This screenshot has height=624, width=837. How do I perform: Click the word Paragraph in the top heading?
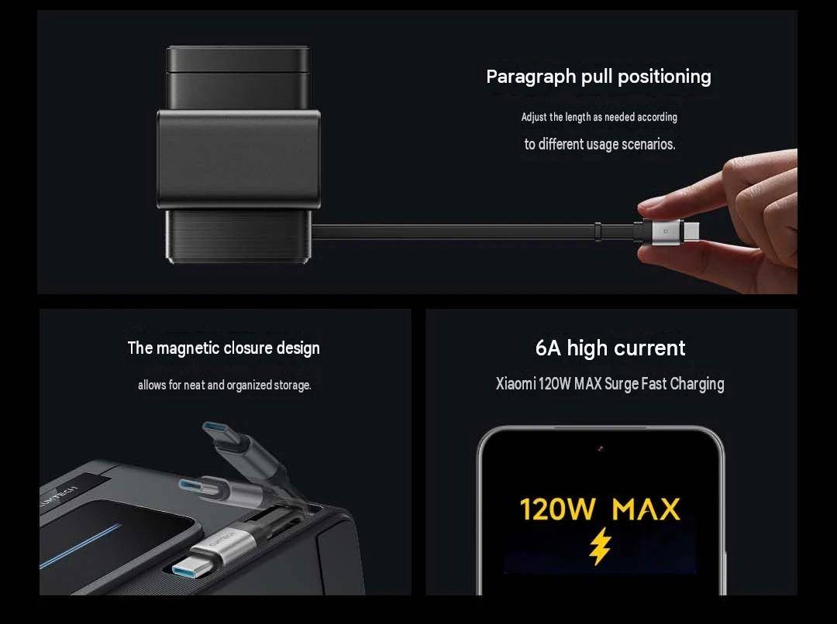530,77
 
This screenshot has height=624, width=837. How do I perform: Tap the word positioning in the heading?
664,77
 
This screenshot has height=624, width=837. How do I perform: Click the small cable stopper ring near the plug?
598,231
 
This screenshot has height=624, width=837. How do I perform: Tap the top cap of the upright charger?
238,59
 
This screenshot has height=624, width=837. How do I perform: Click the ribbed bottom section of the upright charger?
238,236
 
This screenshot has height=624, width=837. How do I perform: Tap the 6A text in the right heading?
548,348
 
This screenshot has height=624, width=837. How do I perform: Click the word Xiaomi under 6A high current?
515,384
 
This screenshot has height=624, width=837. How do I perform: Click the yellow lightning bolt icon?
600,546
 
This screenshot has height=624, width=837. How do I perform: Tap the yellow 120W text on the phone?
556,509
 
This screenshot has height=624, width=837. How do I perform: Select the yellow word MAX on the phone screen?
646,509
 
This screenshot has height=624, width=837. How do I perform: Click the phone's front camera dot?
601,448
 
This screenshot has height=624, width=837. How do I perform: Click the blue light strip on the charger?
81,545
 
